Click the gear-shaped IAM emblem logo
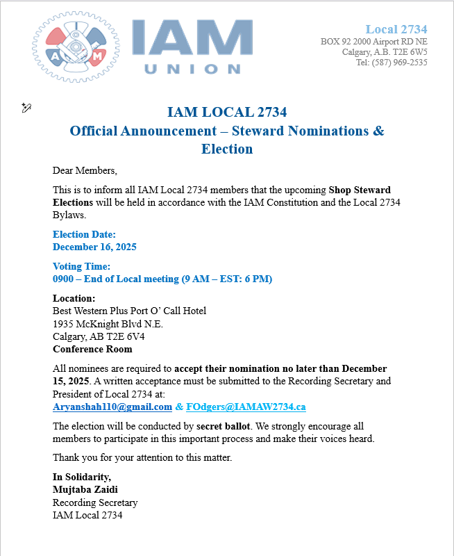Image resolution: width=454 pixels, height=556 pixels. point(76,47)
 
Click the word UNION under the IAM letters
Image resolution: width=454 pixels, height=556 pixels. point(192,69)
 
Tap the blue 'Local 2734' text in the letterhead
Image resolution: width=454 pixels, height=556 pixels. point(396,29)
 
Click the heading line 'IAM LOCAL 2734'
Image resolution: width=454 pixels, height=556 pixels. point(227,113)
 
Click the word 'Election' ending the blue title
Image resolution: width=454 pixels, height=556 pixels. point(227,149)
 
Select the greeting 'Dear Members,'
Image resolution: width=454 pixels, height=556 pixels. point(85,170)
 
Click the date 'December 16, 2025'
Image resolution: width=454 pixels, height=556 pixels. point(94,247)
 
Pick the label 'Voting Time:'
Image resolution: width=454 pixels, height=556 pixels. point(82,266)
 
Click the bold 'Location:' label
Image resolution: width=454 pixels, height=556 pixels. point(74,298)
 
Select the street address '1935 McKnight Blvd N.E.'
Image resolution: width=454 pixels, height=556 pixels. point(108,323)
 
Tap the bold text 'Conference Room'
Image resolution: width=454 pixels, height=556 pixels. point(92,349)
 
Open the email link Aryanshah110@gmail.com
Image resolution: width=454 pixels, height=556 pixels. point(112,407)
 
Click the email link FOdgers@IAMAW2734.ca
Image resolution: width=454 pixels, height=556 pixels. point(246,407)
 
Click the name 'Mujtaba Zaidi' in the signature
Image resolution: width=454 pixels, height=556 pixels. point(85,489)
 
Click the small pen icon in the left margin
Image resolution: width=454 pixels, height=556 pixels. point(26,107)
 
